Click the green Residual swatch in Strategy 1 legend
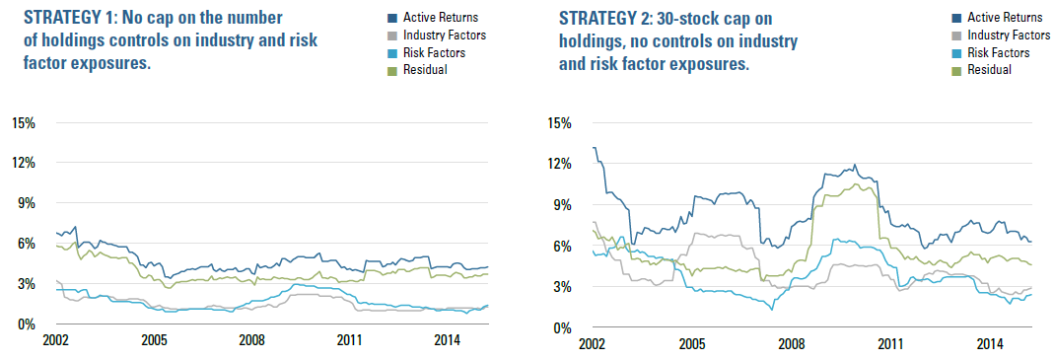(x=395, y=69)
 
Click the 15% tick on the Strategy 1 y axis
(x=24, y=123)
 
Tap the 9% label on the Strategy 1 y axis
(x=27, y=204)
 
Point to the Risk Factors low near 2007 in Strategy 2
(x=772, y=310)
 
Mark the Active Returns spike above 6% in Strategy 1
(x=76, y=227)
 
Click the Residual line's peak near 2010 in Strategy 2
(x=855, y=183)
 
